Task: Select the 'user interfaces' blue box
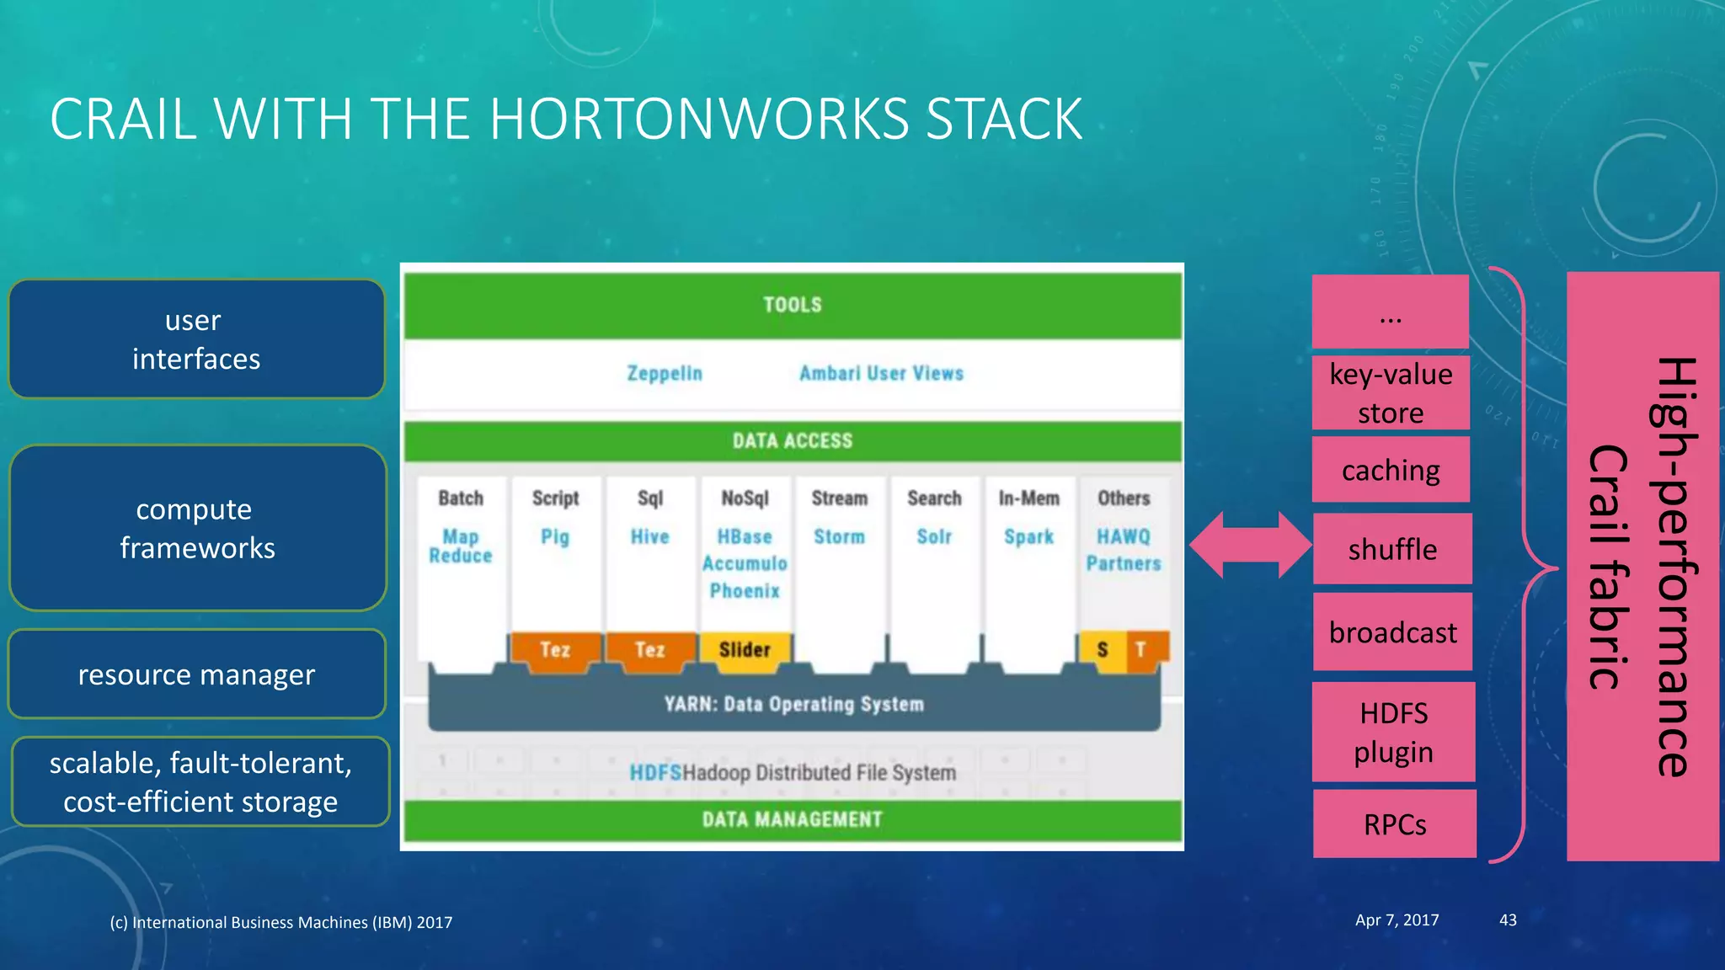196,339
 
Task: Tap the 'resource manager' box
196,674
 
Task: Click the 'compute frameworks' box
197,528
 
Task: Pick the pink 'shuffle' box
1392,549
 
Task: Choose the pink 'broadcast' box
1392,632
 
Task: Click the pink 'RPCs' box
1394,824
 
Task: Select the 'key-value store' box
1391,393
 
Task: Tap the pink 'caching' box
1391,470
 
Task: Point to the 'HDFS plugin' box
1393,732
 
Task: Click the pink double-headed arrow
1250,545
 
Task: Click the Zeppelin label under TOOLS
665,373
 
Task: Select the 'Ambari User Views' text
881,373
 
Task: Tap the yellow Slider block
745,649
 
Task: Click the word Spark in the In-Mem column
1028,536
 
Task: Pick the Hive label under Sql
649,536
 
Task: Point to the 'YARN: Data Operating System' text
793,704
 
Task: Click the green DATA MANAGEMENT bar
792,819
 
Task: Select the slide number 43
1508,920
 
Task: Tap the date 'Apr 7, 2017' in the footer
1397,920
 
